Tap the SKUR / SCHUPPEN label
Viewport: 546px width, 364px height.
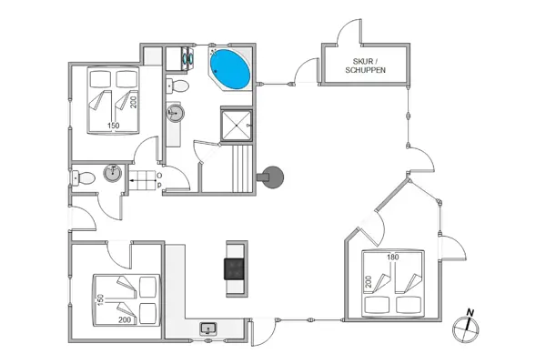364,67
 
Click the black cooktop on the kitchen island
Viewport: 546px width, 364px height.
236,268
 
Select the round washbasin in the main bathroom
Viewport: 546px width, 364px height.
176,114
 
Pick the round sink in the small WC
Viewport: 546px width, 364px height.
112,172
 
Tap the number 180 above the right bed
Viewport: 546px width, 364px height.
392,258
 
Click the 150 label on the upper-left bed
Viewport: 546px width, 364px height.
114,126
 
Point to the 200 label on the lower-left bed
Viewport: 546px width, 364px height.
124,320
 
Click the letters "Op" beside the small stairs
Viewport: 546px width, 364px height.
158,179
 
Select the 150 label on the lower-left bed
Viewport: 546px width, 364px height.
99,298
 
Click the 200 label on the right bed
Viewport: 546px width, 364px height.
369,283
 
